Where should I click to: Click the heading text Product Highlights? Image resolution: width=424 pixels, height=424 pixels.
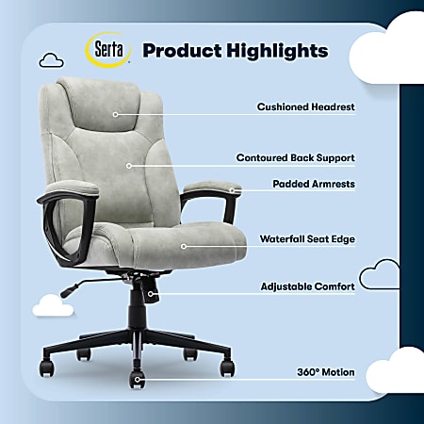coord(235,50)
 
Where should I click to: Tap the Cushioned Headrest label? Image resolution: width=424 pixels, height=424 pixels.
coord(305,107)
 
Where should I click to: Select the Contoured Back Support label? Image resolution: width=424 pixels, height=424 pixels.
coord(294,158)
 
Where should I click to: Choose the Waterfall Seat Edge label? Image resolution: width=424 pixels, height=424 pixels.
coord(307,239)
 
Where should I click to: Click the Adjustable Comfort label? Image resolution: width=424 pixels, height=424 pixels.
coord(307,285)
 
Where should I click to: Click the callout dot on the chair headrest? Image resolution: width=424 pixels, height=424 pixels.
coord(116,114)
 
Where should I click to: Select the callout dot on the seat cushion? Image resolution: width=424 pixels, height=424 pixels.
coord(185,247)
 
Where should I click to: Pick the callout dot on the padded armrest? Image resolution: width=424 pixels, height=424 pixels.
coord(229,190)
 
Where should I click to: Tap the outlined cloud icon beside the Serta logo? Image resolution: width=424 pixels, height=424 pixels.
coord(51,60)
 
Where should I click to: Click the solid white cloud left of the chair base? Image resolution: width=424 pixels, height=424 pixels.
coord(53,305)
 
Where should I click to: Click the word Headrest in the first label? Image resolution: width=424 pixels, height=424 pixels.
coord(333,107)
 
